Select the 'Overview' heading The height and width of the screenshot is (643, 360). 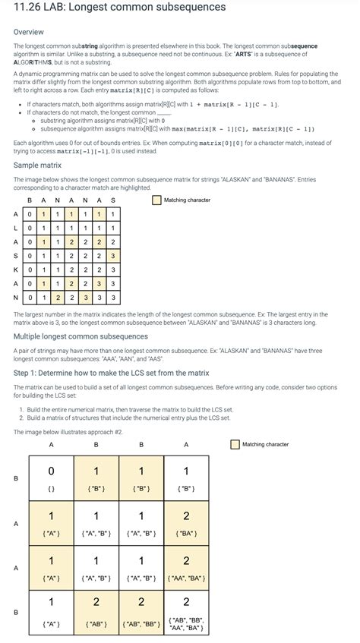29,32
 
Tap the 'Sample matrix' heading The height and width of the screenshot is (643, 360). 38,165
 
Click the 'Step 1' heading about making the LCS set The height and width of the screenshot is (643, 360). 111,373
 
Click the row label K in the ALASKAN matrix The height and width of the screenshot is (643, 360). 16,269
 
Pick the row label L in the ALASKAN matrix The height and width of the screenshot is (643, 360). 16,228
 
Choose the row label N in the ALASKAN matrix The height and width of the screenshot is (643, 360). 16,297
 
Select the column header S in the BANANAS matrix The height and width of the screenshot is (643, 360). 113,200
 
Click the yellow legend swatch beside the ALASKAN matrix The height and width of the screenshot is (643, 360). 156,200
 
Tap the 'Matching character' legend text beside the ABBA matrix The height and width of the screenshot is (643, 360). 265,444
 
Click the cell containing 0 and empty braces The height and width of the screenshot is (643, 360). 52,478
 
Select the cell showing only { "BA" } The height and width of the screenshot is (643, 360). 186,523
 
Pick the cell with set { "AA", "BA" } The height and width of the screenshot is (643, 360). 186,568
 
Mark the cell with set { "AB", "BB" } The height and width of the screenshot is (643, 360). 141,612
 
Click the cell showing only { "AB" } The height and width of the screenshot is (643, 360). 96,612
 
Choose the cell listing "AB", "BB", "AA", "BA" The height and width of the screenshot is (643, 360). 186,612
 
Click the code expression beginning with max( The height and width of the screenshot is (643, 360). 227,128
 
